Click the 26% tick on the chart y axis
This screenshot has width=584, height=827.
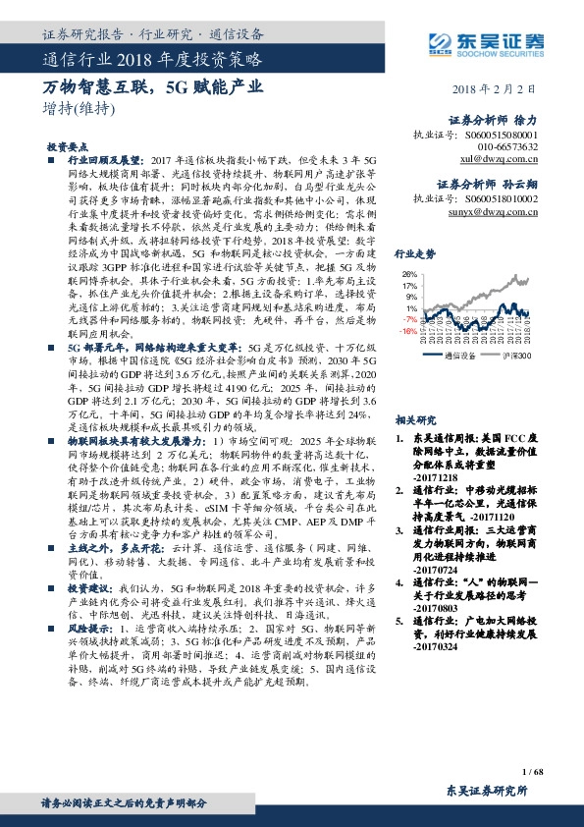(x=410, y=274)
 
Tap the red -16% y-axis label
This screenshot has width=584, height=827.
(x=408, y=331)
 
